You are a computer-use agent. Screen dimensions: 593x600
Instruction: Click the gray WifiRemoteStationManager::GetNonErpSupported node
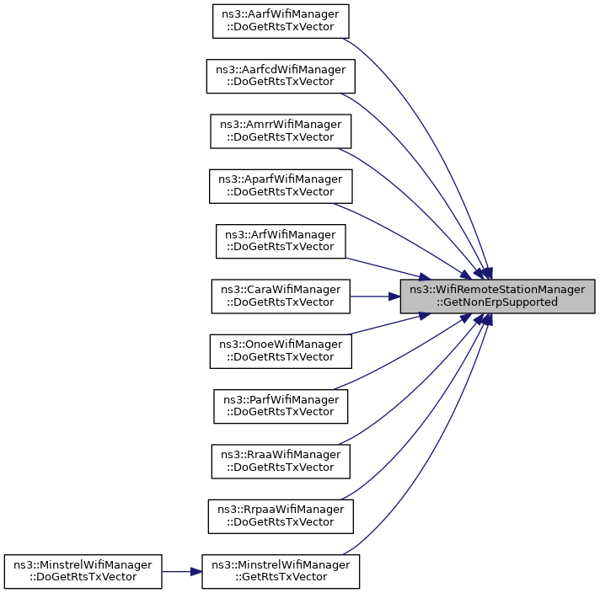coord(498,296)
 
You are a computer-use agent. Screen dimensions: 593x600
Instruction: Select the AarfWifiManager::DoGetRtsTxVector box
coord(281,21)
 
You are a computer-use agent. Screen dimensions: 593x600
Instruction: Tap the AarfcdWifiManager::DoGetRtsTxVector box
coord(281,76)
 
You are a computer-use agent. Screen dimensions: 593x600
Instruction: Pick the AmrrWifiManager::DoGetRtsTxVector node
coord(281,131)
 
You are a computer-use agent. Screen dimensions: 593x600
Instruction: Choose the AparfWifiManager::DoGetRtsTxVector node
coord(281,185)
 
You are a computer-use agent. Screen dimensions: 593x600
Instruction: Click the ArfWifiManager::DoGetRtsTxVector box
coord(281,241)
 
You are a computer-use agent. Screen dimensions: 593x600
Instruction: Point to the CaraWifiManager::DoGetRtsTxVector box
coord(281,296)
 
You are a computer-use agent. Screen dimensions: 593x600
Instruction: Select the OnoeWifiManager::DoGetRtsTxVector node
coord(281,350)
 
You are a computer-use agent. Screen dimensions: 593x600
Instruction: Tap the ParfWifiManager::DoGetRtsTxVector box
coord(281,406)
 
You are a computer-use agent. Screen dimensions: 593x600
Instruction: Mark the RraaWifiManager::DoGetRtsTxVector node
coord(281,461)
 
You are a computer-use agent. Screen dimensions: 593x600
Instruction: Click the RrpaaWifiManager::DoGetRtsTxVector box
coord(281,516)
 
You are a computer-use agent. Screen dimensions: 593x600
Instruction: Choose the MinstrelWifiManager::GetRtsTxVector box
coord(281,571)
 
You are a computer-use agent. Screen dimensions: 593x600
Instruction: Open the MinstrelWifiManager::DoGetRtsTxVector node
coord(83,571)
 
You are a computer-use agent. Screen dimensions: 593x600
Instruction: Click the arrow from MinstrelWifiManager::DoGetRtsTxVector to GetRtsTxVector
coord(181,571)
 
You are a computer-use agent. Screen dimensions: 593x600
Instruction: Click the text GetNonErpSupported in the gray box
coord(496,302)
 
